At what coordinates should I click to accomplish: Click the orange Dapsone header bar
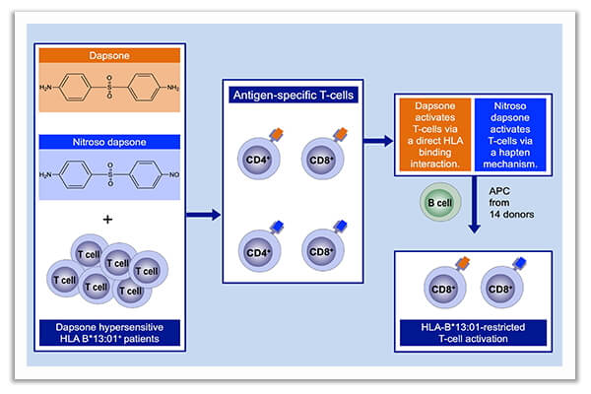(x=109, y=56)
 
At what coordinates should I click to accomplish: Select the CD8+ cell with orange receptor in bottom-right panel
(x=442, y=290)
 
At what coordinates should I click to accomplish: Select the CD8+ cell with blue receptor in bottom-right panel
(x=499, y=290)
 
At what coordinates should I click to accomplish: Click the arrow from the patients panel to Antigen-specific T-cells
(x=202, y=213)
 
